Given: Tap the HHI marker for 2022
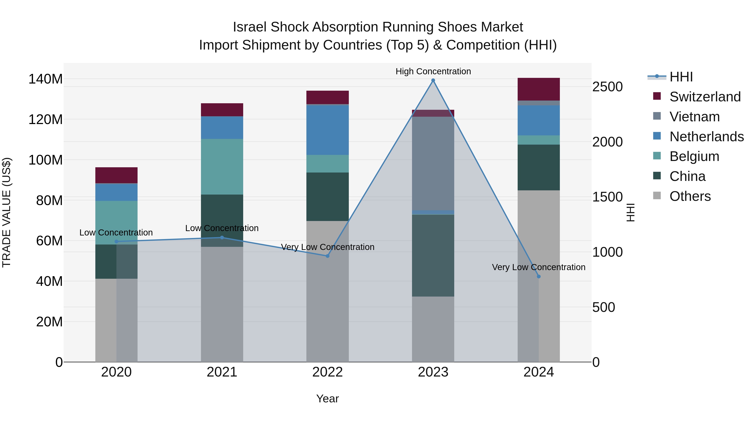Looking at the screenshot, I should click(x=328, y=256).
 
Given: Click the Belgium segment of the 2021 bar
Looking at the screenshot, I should click(x=222, y=167).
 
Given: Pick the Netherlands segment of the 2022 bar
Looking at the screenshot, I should click(x=328, y=130).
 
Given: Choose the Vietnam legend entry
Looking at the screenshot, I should click(x=695, y=117).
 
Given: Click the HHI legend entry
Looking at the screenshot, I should click(x=681, y=77).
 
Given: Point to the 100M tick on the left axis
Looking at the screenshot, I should click(x=46, y=160).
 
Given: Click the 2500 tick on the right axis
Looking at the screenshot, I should click(x=607, y=87).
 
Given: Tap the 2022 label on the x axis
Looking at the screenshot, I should click(x=328, y=372).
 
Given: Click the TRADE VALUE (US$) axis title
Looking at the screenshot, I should click(x=7, y=212).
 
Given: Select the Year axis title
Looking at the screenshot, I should click(x=328, y=399).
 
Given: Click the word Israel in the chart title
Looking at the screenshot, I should click(x=249, y=27).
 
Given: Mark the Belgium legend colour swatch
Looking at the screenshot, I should click(x=657, y=156).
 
